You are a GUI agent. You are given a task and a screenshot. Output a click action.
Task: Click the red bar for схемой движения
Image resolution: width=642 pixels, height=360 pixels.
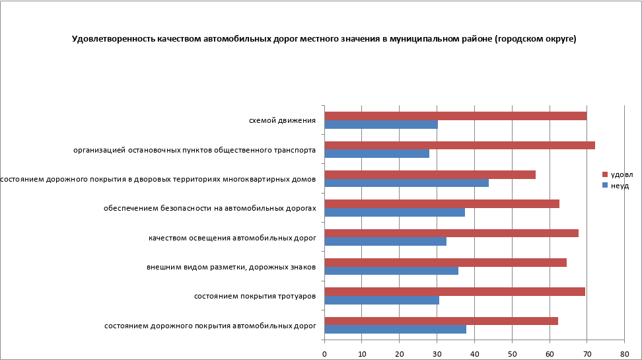click(456, 116)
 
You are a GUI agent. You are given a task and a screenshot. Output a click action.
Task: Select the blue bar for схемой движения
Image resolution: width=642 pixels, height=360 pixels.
click(381, 124)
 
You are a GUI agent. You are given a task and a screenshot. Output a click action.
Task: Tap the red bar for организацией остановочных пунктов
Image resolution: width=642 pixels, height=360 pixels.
click(460, 145)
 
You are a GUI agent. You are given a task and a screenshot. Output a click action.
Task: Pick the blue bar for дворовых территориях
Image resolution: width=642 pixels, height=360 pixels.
click(407, 183)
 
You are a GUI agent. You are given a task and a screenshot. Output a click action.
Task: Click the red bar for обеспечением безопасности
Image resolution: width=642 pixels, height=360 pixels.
click(442, 203)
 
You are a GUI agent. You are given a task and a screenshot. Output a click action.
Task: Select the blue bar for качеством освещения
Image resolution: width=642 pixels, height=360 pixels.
click(386, 241)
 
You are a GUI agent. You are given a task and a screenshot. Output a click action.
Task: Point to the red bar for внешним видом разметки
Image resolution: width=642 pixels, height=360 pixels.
click(446, 262)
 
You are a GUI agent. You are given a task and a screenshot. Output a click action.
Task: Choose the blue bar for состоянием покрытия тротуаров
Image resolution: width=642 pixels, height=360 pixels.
click(382, 300)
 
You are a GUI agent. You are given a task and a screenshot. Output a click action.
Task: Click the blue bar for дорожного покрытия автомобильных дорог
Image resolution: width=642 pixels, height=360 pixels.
click(396, 329)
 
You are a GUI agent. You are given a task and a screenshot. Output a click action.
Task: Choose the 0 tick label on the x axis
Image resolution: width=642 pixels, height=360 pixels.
click(324, 354)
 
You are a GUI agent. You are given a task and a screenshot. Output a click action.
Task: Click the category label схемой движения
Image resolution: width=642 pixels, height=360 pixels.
click(282, 120)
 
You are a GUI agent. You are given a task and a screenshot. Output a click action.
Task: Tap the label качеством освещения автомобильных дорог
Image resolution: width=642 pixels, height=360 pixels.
click(232, 237)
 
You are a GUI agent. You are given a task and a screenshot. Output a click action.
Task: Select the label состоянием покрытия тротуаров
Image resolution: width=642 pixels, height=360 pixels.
click(255, 296)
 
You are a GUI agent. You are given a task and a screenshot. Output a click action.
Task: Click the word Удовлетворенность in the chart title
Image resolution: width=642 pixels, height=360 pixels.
click(114, 39)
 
